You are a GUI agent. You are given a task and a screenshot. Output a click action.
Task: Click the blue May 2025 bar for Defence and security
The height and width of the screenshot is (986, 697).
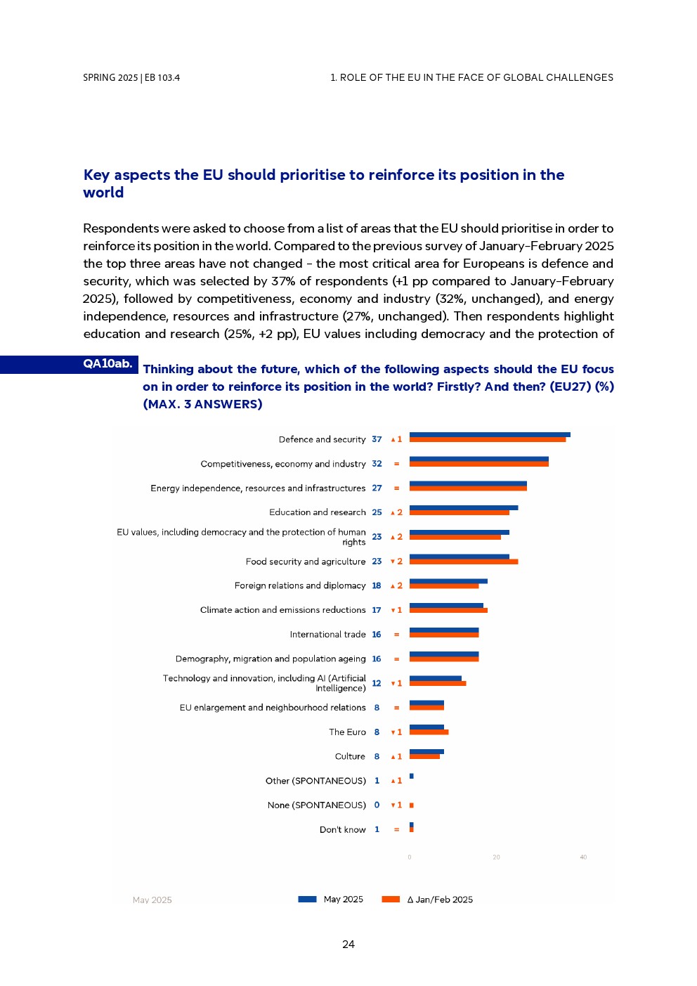coord(490,435)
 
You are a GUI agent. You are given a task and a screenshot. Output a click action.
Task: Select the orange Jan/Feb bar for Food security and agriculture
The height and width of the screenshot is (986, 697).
coord(464,562)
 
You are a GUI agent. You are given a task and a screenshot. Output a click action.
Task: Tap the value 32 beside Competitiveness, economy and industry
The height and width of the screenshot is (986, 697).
coord(377,464)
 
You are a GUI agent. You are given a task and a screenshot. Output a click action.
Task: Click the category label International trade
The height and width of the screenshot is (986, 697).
coord(327,635)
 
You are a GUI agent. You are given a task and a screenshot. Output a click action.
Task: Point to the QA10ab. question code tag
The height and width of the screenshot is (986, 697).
coord(108,364)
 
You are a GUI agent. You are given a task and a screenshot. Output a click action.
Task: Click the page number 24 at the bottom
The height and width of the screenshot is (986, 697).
coord(348,945)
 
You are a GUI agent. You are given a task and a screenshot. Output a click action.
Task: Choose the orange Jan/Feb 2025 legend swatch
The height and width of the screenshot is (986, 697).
coord(391,900)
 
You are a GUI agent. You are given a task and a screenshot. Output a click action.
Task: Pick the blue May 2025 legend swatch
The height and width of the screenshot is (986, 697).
coord(307,900)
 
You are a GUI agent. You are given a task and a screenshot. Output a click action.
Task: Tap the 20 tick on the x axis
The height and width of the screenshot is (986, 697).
coord(496,857)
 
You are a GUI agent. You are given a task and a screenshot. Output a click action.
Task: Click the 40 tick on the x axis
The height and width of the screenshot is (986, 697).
coord(583,857)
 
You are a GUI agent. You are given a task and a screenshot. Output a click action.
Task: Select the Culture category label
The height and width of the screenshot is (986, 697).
coord(350,757)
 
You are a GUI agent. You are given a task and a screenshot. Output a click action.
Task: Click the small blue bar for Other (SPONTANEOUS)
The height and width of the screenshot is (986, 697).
coord(412,777)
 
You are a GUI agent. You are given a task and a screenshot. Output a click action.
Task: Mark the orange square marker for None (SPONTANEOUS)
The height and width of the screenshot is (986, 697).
coord(412,805)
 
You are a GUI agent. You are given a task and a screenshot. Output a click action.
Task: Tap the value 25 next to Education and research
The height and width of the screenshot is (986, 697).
coord(377,512)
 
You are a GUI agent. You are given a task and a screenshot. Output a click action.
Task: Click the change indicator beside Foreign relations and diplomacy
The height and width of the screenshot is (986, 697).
coord(397,585)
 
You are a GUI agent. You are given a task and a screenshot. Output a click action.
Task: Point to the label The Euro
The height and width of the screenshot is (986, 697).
coord(347,732)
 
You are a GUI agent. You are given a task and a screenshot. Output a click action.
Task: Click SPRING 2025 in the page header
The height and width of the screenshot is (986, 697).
coord(110,78)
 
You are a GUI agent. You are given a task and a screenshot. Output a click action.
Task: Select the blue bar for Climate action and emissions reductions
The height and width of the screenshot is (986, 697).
coord(446,605)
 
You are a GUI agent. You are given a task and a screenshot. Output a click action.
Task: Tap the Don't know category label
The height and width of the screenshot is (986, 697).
coord(342,830)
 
